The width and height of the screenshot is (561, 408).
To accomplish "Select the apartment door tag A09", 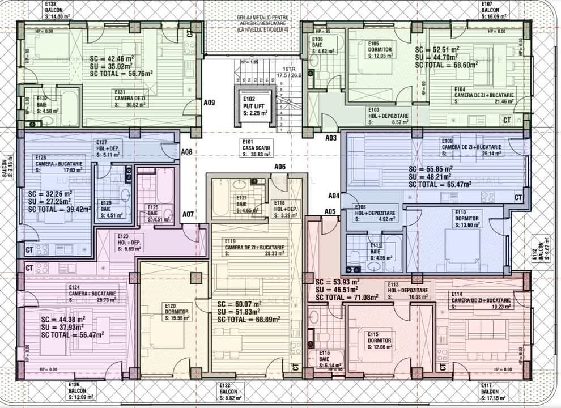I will [209, 103].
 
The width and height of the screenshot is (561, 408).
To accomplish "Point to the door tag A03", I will [331, 138].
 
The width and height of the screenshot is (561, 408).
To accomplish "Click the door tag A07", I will [188, 214].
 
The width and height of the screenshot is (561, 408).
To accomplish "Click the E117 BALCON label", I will [492, 392].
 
